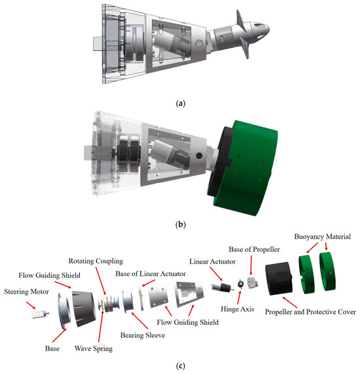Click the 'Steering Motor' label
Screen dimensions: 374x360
point(26,292)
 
